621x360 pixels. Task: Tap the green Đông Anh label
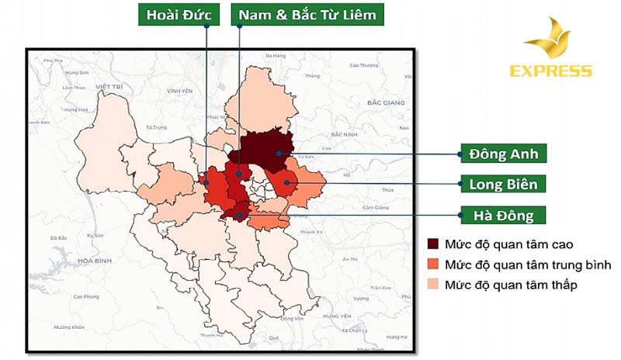pyautogui.click(x=503, y=154)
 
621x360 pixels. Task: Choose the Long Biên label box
pyautogui.click(x=503, y=184)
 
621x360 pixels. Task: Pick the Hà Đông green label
pyautogui.click(x=503, y=215)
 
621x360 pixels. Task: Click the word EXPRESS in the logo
pyautogui.click(x=550, y=71)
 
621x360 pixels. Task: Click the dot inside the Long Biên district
pyautogui.click(x=286, y=184)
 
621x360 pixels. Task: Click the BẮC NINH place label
pyautogui.click(x=343, y=134)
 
